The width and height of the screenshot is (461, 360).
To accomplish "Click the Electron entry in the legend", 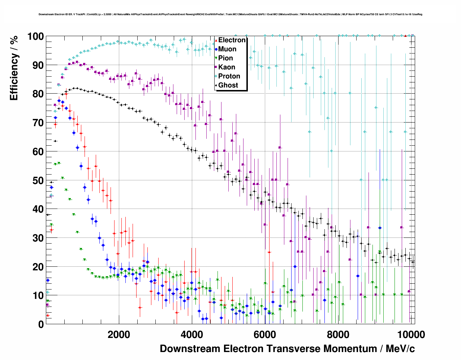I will click(x=232, y=40).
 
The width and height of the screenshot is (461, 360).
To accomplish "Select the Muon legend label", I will click(x=227, y=49).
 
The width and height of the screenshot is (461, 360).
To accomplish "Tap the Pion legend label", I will click(x=225, y=58).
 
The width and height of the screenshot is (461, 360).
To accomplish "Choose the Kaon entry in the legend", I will click(x=227, y=67).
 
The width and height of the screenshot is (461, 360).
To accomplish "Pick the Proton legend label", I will click(x=229, y=76).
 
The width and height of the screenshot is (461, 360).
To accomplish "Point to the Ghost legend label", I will click(x=228, y=85).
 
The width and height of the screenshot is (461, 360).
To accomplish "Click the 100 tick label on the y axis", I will click(x=36, y=37).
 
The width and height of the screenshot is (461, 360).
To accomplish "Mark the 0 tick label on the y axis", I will click(x=41, y=325).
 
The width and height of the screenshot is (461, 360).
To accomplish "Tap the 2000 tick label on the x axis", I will click(x=119, y=335).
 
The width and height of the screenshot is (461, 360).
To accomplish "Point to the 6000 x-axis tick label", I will click(x=265, y=335).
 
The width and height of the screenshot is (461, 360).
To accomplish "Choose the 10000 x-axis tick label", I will click(x=411, y=335).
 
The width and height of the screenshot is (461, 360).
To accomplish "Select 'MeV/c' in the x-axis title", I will click(x=400, y=349).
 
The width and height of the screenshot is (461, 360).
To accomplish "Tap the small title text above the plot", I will click(x=231, y=14).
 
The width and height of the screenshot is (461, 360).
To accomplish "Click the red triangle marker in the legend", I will click(x=216, y=40).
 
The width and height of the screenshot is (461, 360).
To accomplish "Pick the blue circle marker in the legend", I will click(x=216, y=49).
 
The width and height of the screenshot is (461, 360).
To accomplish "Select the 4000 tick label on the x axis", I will click(x=192, y=335).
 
